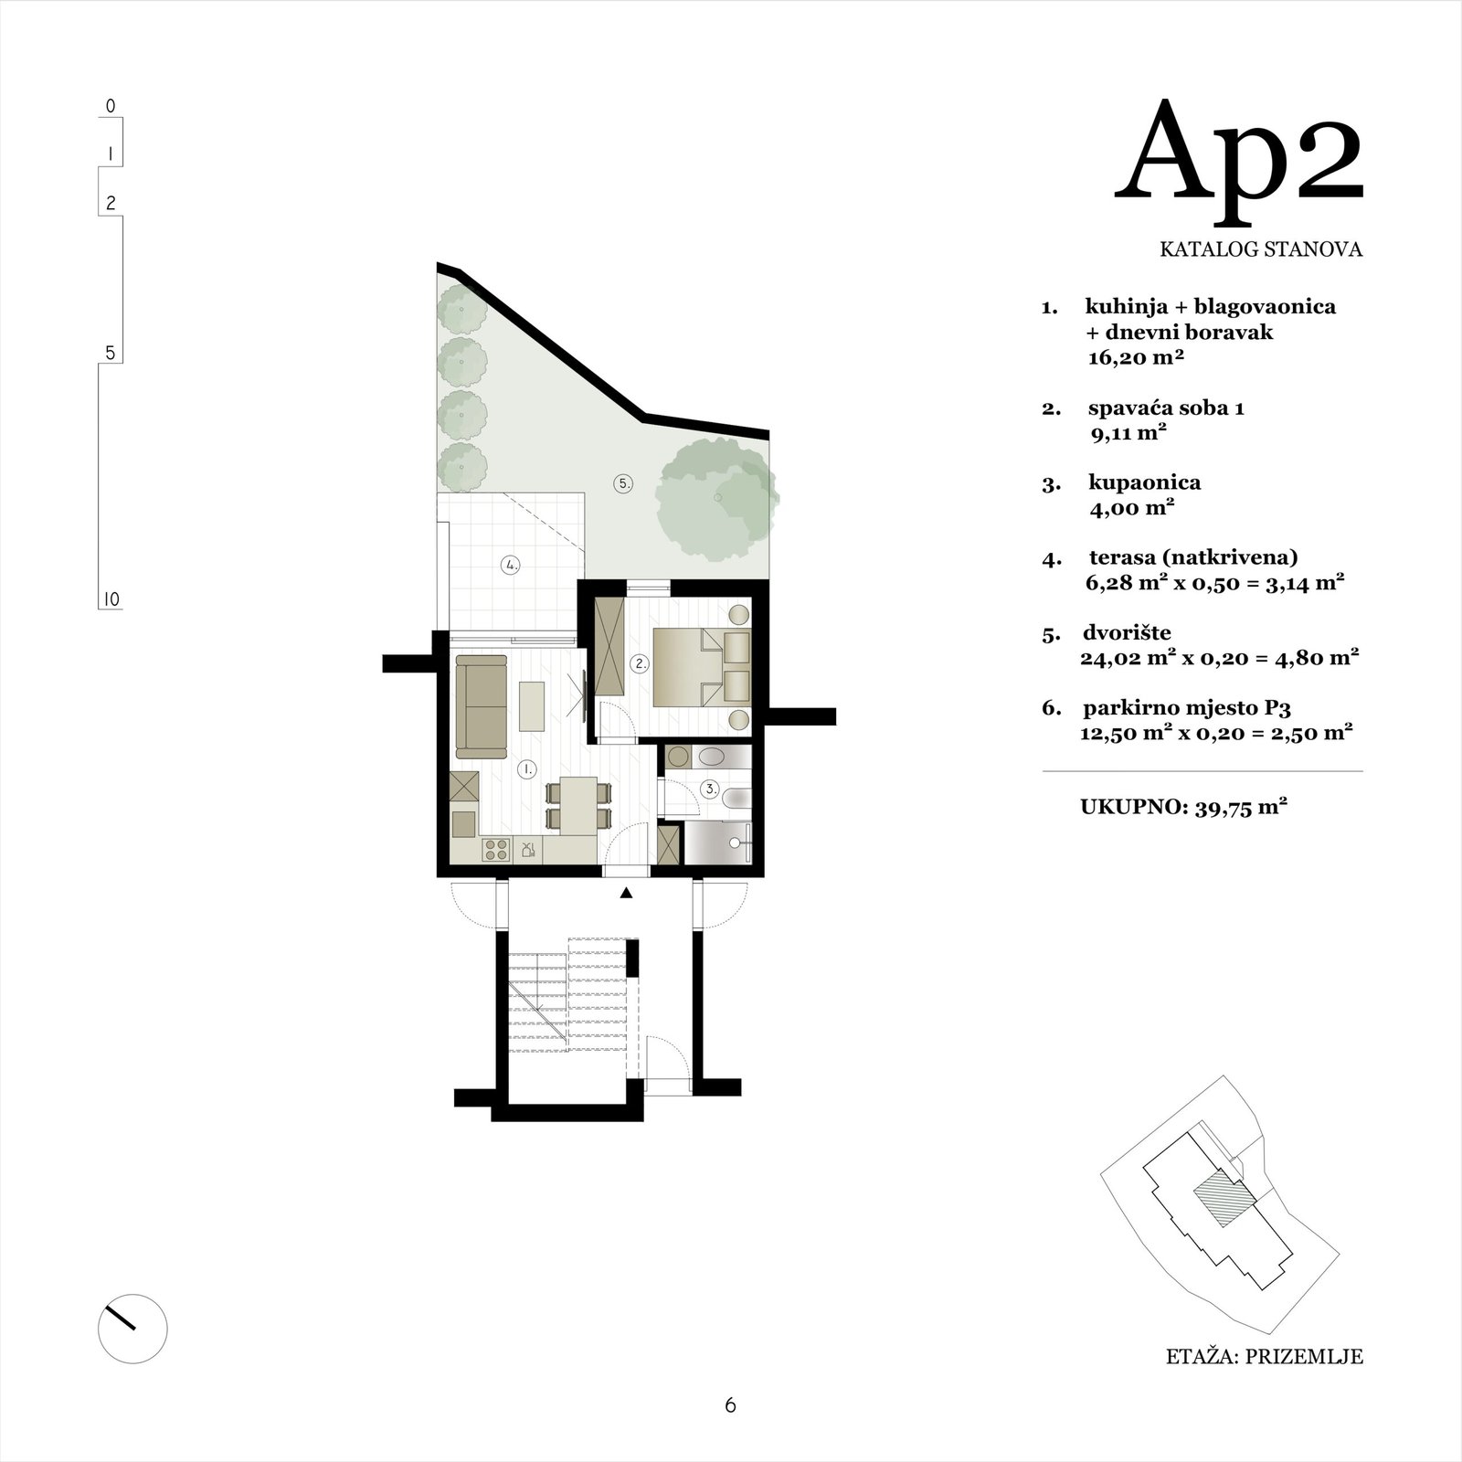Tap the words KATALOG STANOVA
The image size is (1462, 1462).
(x=1261, y=249)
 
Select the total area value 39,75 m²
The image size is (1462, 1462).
(x=1241, y=808)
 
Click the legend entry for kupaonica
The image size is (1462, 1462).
(x=1144, y=482)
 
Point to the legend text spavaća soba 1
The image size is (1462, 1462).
(x=1166, y=408)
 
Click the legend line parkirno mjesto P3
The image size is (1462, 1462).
(x=1187, y=707)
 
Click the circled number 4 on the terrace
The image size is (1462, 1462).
(x=511, y=566)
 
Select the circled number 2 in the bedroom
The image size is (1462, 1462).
(x=641, y=664)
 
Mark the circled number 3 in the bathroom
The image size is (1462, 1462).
(x=710, y=788)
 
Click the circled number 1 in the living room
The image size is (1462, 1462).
(x=526, y=769)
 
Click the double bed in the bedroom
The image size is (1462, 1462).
(x=702, y=667)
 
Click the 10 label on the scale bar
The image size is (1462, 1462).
(x=111, y=600)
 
